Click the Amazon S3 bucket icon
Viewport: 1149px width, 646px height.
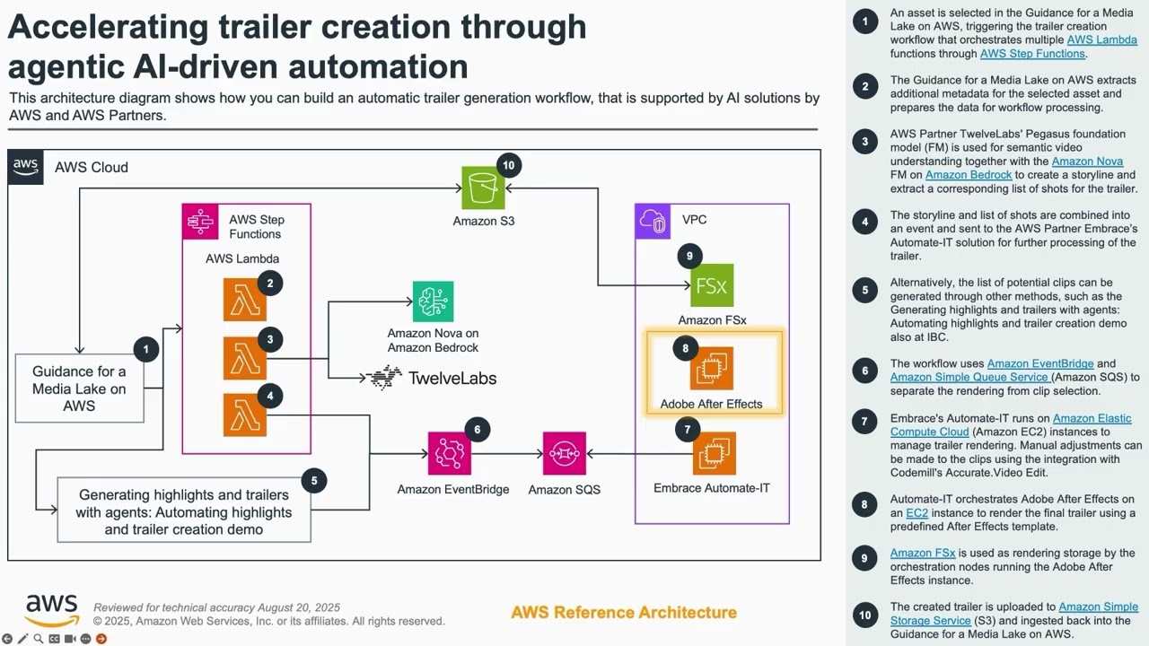[x=483, y=188]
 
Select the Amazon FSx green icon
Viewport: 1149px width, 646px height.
[x=712, y=285]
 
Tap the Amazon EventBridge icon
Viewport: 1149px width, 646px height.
[x=450, y=454]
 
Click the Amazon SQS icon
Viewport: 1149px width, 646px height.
[x=565, y=454]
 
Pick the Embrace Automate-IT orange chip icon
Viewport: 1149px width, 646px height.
[x=714, y=454]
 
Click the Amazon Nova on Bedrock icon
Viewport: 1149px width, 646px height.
[x=433, y=302]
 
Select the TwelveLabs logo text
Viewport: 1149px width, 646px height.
[x=452, y=378]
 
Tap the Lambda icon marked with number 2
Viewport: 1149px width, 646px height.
[x=245, y=300]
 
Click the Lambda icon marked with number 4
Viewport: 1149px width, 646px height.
[x=245, y=415]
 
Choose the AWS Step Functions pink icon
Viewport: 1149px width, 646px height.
[x=200, y=222]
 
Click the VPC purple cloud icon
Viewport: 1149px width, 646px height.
[x=653, y=222]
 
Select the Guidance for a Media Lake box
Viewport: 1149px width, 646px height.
[x=80, y=388]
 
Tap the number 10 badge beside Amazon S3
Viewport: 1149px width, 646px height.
[x=508, y=165]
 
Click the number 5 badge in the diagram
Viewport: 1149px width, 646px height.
[x=313, y=481]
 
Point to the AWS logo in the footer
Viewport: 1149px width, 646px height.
[x=51, y=610]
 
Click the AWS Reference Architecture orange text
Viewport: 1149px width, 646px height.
[x=624, y=613]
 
